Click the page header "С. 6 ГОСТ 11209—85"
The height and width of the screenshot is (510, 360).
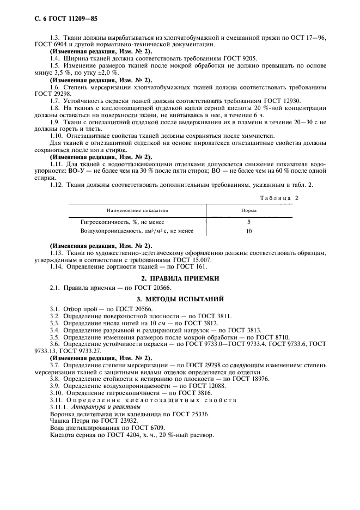(58, 19)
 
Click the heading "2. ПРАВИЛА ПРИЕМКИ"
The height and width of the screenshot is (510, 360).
(180, 278)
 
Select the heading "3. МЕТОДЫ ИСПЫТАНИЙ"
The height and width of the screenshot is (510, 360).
(180, 298)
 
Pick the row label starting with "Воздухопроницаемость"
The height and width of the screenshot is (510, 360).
(137, 231)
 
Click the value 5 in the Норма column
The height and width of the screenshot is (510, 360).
(249, 222)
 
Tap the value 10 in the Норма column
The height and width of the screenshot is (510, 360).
(249, 231)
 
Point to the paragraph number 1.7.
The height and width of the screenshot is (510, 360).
(55, 101)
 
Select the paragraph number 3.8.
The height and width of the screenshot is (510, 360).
(55, 378)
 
